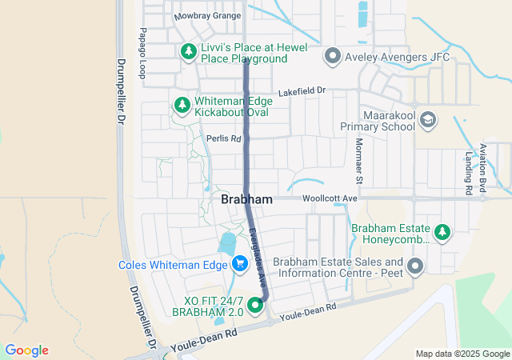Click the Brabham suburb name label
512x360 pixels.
[246, 199]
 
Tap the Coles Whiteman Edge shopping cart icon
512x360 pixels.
[239, 264]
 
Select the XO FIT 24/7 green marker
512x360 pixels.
[256, 305]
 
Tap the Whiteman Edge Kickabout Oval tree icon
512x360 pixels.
[182, 105]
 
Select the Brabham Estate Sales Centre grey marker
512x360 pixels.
[414, 266]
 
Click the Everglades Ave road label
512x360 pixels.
[257, 251]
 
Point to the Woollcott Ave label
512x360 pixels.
[329, 198]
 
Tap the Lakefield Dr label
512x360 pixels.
[302, 93]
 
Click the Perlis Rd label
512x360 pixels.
[223, 138]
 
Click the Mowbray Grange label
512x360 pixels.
[207, 15]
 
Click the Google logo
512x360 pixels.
[26, 350]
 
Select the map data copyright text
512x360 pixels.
[462, 354]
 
